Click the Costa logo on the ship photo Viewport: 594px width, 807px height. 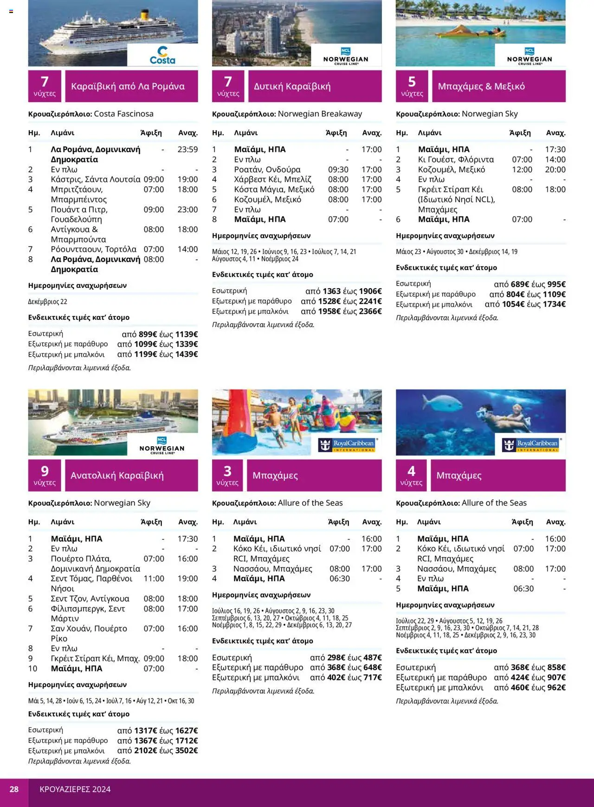(x=162, y=55)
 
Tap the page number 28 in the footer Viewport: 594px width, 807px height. (x=14, y=789)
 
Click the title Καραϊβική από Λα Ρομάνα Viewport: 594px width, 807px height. (x=128, y=86)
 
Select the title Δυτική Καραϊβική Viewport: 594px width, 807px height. (x=292, y=86)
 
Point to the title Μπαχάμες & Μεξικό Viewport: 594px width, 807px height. (x=481, y=86)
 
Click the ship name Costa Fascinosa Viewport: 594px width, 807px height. (x=123, y=114)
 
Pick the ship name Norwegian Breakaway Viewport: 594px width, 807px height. (x=320, y=114)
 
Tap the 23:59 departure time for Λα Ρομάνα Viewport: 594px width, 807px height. (x=187, y=150)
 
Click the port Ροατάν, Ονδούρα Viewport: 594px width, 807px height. (x=267, y=169)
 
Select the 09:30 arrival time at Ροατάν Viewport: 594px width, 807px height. (x=338, y=169)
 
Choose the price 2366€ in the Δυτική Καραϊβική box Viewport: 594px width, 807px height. (x=370, y=312)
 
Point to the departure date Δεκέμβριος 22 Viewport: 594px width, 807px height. (x=47, y=302)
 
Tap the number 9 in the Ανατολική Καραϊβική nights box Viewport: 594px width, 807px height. (x=45, y=471)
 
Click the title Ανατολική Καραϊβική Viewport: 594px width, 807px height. (x=117, y=475)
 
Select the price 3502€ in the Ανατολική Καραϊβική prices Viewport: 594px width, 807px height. (x=186, y=750)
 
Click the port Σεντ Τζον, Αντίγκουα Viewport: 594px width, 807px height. (x=90, y=599)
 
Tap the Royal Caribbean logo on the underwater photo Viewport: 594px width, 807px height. (x=531, y=445)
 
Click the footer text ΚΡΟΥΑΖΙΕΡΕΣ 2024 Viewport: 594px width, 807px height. (x=75, y=789)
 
